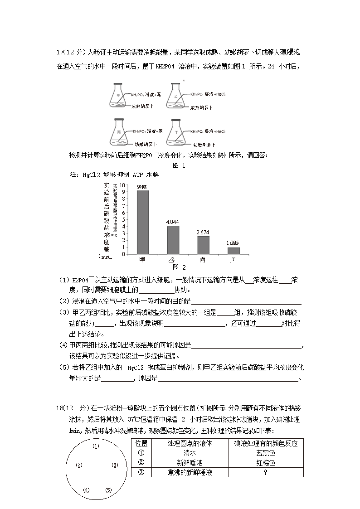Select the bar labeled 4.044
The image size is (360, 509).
pos(173,240)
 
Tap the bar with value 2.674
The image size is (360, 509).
pos(203,245)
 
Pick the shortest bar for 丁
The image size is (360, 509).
pos(234,251)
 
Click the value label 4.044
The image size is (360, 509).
pos(173,222)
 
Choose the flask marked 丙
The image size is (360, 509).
pos(120,133)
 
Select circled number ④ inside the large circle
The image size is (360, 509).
pos(87,490)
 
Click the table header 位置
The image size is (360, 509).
pos(141,443)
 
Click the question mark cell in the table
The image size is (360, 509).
pos(266,472)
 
